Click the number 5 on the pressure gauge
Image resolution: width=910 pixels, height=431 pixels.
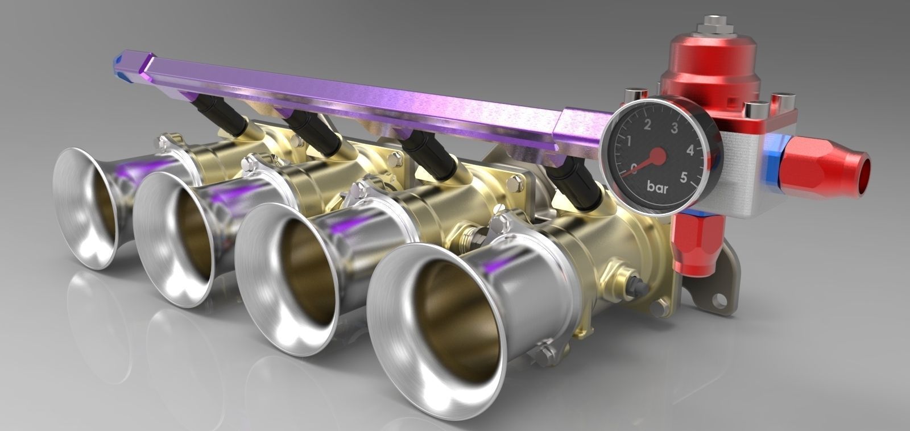tap(684, 176)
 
